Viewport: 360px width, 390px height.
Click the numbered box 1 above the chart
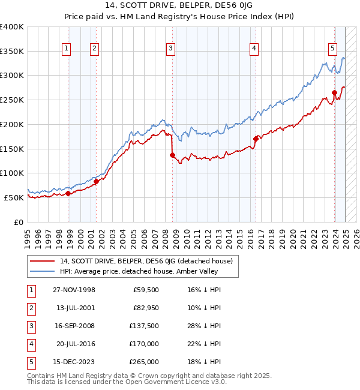(x=65, y=49)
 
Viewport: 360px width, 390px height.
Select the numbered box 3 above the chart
(x=171, y=49)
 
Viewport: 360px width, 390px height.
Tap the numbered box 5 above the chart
(x=332, y=49)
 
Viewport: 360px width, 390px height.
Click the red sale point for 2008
(x=172, y=155)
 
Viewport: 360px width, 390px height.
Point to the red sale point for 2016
(x=256, y=139)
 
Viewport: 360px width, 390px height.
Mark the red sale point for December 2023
(x=334, y=92)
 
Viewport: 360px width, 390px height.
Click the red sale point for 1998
(x=68, y=193)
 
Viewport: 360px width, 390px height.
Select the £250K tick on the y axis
(x=12, y=100)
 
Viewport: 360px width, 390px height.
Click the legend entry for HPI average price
(x=134, y=271)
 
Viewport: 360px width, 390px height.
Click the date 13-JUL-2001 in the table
(x=74, y=308)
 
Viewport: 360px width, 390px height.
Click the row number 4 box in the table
(x=30, y=344)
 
